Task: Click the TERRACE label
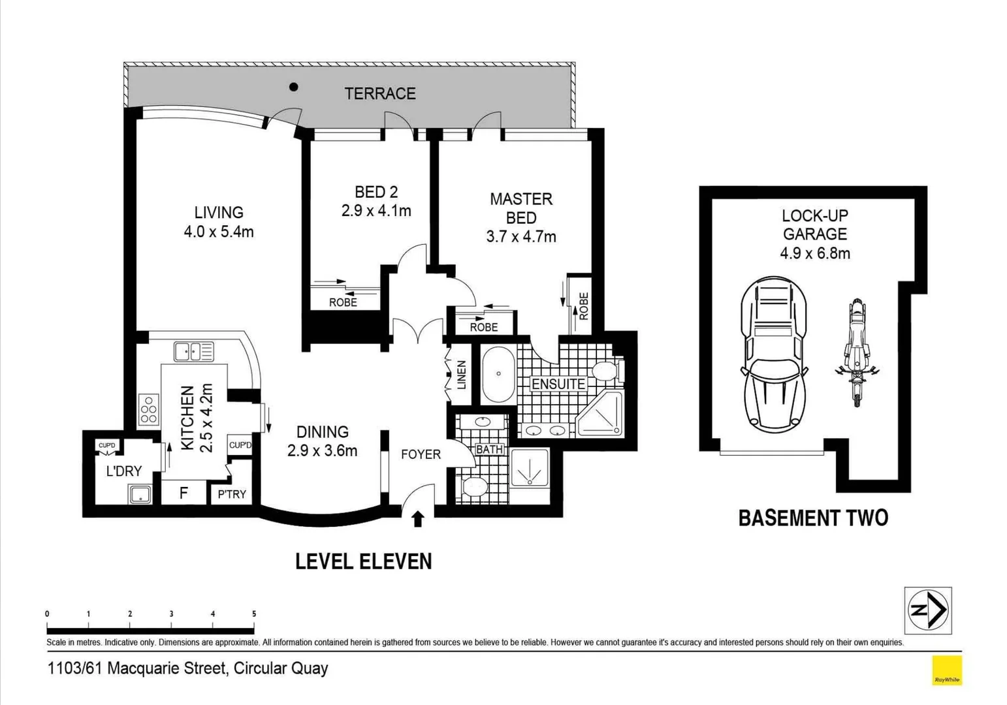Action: point(380,93)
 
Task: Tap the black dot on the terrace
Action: point(294,87)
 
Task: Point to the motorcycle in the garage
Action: point(856,352)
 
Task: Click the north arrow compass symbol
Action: point(928,610)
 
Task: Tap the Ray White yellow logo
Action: point(946,670)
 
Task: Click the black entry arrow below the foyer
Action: point(418,519)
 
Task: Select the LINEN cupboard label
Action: point(462,375)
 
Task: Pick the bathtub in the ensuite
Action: point(498,375)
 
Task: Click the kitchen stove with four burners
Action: point(148,410)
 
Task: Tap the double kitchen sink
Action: point(193,352)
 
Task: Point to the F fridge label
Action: point(184,493)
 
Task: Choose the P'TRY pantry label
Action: point(232,494)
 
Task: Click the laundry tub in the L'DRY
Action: point(140,494)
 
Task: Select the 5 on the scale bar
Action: point(254,614)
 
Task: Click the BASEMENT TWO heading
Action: point(813,518)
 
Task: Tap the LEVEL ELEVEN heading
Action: point(364,561)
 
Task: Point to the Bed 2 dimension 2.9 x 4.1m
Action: point(376,211)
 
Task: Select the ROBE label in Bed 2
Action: point(343,302)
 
